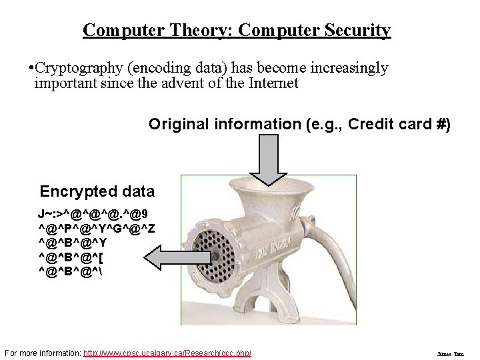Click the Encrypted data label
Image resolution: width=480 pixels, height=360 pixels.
click(97, 192)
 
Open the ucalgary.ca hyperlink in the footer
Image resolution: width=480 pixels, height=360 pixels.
click(167, 352)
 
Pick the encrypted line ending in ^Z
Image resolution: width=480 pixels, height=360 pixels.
click(97, 229)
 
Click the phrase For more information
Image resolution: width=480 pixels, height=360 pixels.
click(42, 352)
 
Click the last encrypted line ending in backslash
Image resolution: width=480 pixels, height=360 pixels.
click(73, 270)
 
